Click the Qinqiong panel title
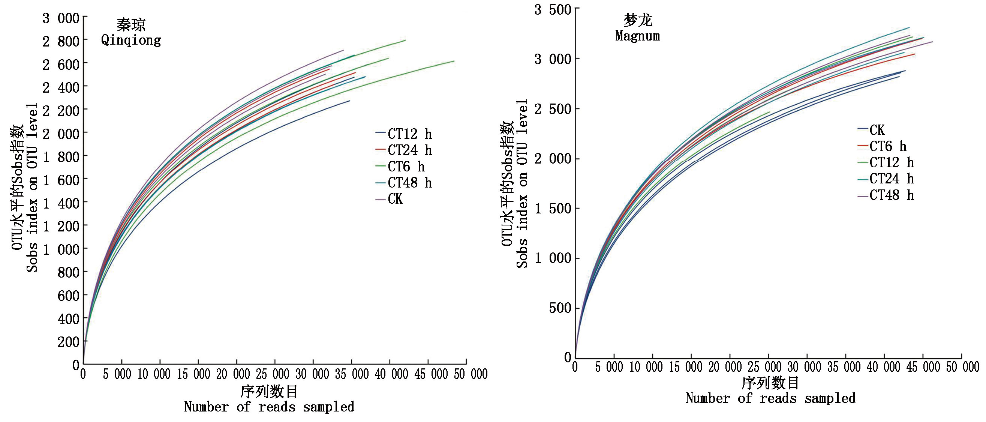coord(131,33)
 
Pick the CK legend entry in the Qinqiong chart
coord(395,199)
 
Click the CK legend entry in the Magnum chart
coord(877,130)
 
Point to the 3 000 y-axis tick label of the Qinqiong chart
coord(61,18)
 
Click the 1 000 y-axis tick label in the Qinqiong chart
coord(61,249)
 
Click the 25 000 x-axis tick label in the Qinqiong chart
coord(273,374)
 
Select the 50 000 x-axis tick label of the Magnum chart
coord(962,367)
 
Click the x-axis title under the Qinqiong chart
coord(269,399)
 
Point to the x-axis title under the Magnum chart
coord(770,390)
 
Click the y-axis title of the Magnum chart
coord(515,184)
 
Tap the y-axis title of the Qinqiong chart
coord(25,188)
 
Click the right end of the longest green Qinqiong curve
coord(454,61)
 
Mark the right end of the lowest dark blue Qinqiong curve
coord(349,101)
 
